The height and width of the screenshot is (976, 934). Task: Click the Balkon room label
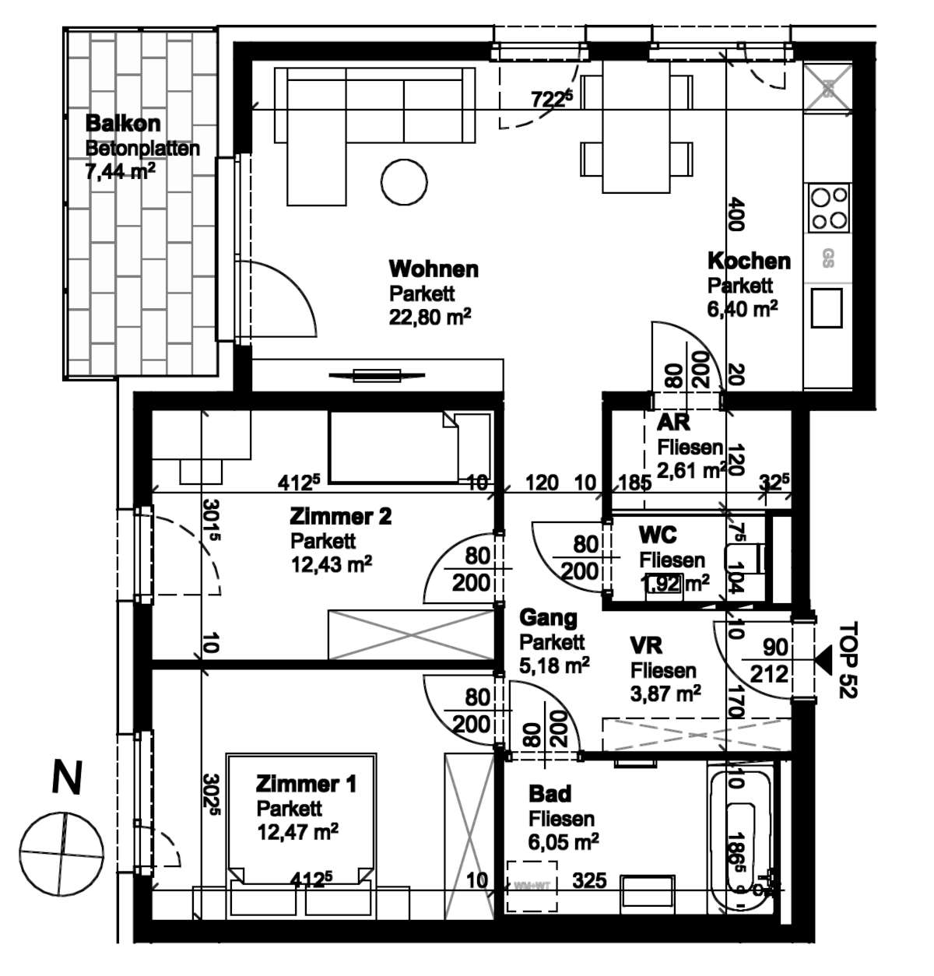coord(122,123)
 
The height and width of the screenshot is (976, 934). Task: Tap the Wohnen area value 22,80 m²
coord(430,318)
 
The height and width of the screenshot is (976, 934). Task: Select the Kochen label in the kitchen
coord(748,261)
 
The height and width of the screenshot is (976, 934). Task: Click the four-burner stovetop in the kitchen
coord(828,207)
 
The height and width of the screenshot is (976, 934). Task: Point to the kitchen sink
coord(827,307)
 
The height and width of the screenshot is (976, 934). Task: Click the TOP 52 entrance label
coord(847,659)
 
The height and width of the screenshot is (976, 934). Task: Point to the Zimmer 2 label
coord(340,516)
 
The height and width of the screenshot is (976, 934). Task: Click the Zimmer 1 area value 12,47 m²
coord(297,832)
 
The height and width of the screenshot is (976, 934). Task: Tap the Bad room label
coord(550,794)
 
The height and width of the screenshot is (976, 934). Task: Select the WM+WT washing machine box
coord(532,885)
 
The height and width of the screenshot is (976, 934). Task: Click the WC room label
coord(657,535)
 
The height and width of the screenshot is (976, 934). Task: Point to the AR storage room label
coord(673,423)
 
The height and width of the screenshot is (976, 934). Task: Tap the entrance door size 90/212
coord(769,661)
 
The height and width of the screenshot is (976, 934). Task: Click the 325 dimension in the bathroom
coord(589,881)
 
